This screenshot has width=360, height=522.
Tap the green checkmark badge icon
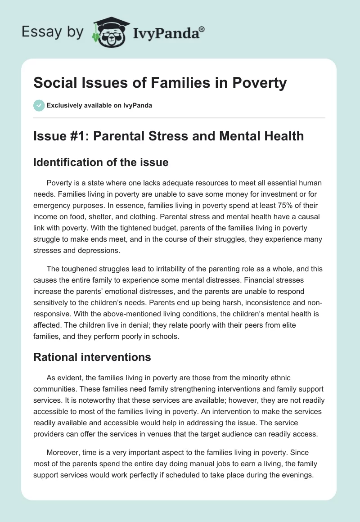pos(39,105)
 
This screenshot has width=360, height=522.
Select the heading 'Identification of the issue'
pos(101,162)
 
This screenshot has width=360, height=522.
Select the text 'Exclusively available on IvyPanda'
pos(99,105)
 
